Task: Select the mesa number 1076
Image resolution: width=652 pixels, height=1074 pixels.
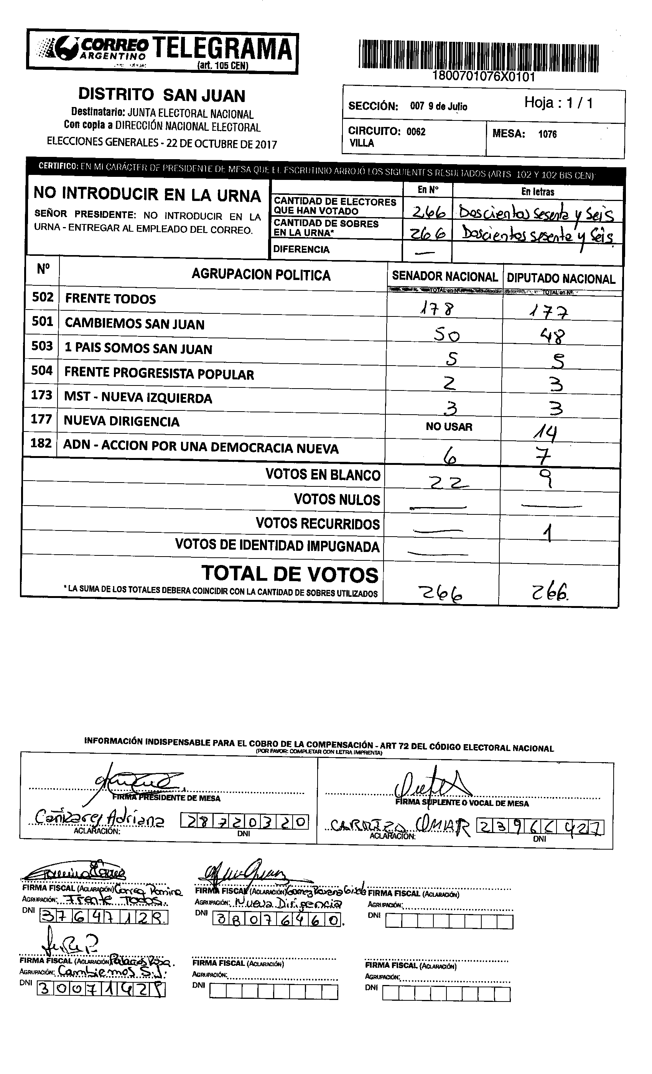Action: click(547, 134)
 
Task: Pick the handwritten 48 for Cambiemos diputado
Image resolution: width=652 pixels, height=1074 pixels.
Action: click(553, 336)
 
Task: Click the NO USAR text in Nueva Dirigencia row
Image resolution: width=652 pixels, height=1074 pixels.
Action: click(449, 427)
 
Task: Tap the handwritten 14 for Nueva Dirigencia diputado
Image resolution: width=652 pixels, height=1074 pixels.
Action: click(545, 432)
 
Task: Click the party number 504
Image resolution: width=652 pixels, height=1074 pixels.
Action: click(42, 371)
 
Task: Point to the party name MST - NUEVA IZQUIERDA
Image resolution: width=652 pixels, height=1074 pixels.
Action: click(138, 398)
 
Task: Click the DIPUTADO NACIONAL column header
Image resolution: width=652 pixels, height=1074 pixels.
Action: click(561, 278)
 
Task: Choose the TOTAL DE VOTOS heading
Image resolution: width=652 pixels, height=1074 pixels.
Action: click(290, 574)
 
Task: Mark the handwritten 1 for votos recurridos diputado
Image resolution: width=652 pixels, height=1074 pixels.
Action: click(549, 533)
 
